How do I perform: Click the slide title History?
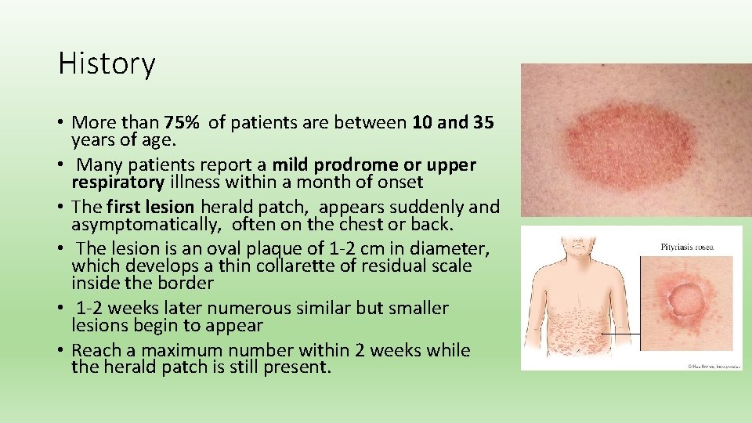(x=107, y=63)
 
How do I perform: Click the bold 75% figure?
(x=183, y=122)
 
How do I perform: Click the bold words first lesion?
(x=150, y=208)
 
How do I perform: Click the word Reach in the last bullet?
(x=96, y=350)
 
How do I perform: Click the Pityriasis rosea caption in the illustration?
(x=686, y=248)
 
